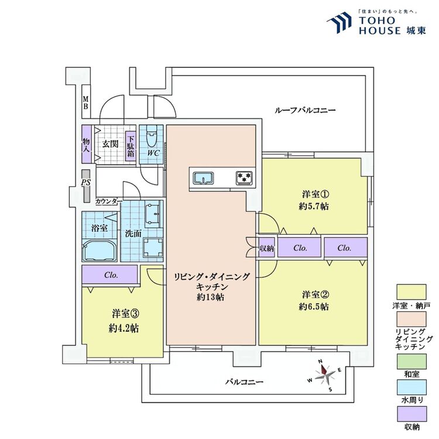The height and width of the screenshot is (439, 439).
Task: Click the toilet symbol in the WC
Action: click(152, 136)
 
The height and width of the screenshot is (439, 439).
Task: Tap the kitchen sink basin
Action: click(204, 178)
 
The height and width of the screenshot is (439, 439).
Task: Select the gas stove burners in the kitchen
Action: click(245, 178)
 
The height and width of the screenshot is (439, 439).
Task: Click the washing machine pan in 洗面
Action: click(153, 247)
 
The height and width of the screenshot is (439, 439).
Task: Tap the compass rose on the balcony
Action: click(325, 375)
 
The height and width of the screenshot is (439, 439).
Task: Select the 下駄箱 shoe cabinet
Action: click(131, 146)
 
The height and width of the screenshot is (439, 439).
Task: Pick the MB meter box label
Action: click(85, 103)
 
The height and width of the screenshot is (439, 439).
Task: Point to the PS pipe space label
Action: click(86, 183)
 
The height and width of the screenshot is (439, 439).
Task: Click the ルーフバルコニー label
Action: click(305, 110)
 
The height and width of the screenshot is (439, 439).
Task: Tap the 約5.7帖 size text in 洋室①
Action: click(314, 207)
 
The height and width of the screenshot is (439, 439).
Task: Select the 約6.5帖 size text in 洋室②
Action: click(314, 307)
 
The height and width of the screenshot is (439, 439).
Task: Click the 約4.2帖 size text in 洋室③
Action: click(124, 328)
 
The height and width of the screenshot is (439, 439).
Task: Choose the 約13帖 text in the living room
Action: click(211, 297)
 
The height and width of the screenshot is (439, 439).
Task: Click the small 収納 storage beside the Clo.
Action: click(266, 248)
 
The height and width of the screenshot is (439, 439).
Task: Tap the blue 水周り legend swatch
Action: click(411, 387)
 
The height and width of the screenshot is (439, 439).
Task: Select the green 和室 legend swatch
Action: click(411, 362)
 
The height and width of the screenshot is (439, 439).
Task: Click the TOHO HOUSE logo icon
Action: click(339, 22)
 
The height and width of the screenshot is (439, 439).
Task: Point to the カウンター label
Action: click(109, 201)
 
